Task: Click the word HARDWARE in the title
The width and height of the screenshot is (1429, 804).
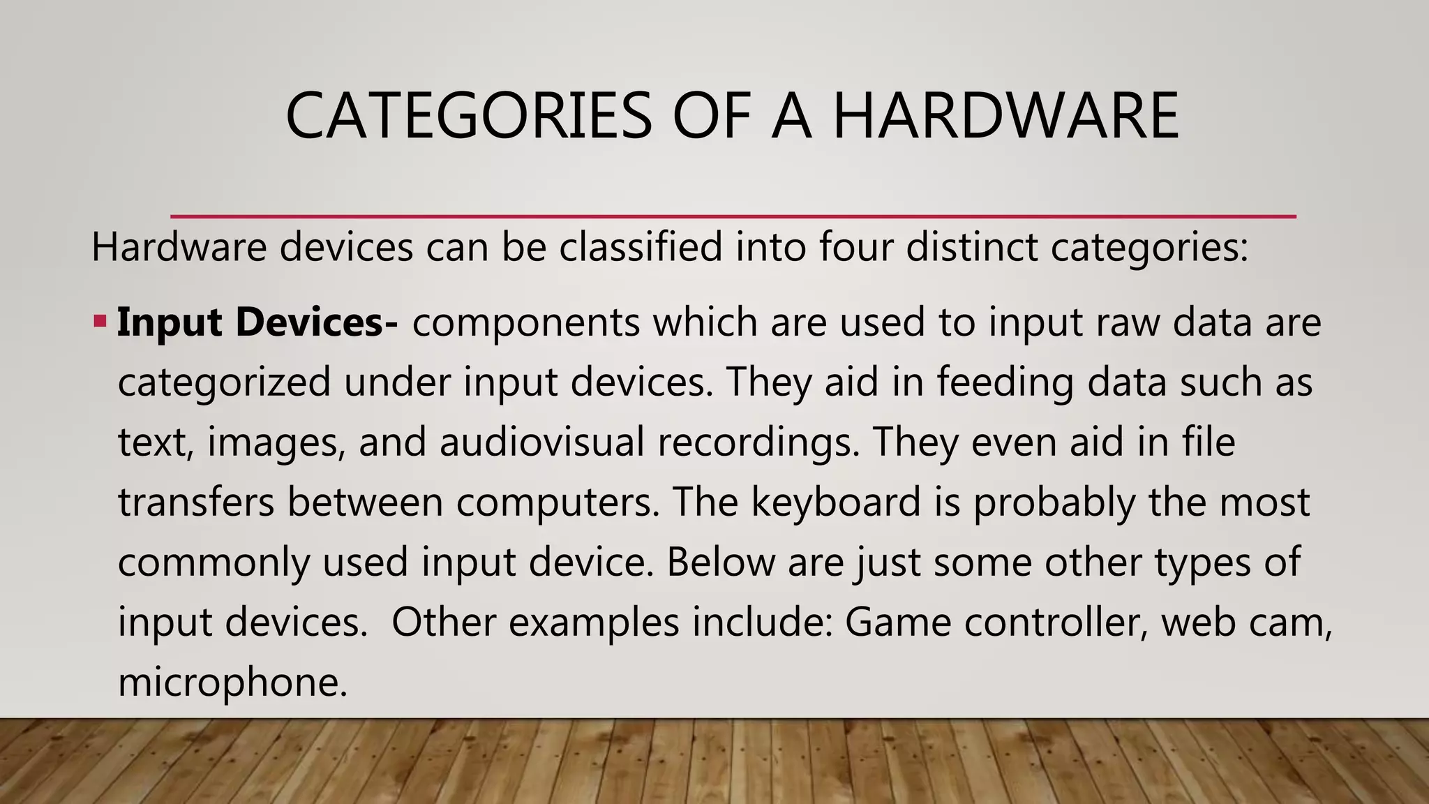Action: point(1005,116)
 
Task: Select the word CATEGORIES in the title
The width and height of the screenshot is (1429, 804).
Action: point(468,116)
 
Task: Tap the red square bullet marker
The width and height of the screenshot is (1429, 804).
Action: point(100,322)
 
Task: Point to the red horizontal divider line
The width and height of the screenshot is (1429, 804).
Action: point(733,216)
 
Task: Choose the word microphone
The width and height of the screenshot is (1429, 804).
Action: point(232,682)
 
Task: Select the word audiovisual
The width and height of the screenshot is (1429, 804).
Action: point(541,442)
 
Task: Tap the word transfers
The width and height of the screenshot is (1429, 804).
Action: point(196,502)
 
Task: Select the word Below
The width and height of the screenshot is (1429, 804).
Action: point(720,562)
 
